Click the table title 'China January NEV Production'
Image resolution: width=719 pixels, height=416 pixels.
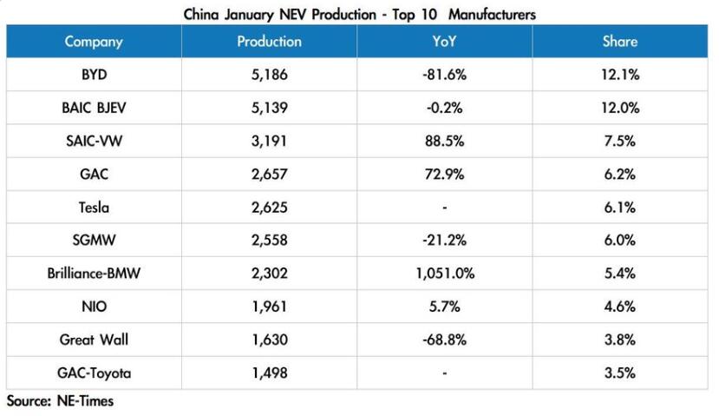(x=359, y=14)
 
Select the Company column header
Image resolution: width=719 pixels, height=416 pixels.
(x=94, y=42)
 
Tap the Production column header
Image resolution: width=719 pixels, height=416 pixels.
(x=269, y=42)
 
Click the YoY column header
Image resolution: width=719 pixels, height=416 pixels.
(x=444, y=42)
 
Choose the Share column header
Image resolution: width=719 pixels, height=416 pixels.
(x=619, y=42)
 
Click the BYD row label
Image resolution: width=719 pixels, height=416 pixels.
(x=94, y=75)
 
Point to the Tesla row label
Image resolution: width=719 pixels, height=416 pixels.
(x=94, y=208)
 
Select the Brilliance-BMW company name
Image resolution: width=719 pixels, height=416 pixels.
(x=94, y=274)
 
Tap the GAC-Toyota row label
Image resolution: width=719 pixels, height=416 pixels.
(x=94, y=373)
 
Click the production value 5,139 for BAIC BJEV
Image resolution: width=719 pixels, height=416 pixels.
(x=269, y=108)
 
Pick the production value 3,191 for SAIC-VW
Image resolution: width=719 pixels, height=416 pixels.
(x=269, y=141)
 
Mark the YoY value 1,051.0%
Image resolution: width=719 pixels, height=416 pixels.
(x=444, y=274)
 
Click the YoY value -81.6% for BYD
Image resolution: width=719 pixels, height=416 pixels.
(x=444, y=75)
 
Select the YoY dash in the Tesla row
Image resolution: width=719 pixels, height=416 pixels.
(x=444, y=208)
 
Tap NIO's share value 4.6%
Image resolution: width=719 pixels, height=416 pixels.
(x=619, y=307)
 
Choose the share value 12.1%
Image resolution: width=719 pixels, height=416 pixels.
(x=619, y=75)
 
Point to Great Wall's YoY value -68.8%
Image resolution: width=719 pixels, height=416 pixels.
(x=444, y=340)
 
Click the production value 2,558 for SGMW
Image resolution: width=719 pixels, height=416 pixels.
(x=269, y=241)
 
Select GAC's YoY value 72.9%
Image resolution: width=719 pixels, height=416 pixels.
(x=444, y=175)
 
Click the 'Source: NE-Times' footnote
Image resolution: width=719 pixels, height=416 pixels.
(x=60, y=401)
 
